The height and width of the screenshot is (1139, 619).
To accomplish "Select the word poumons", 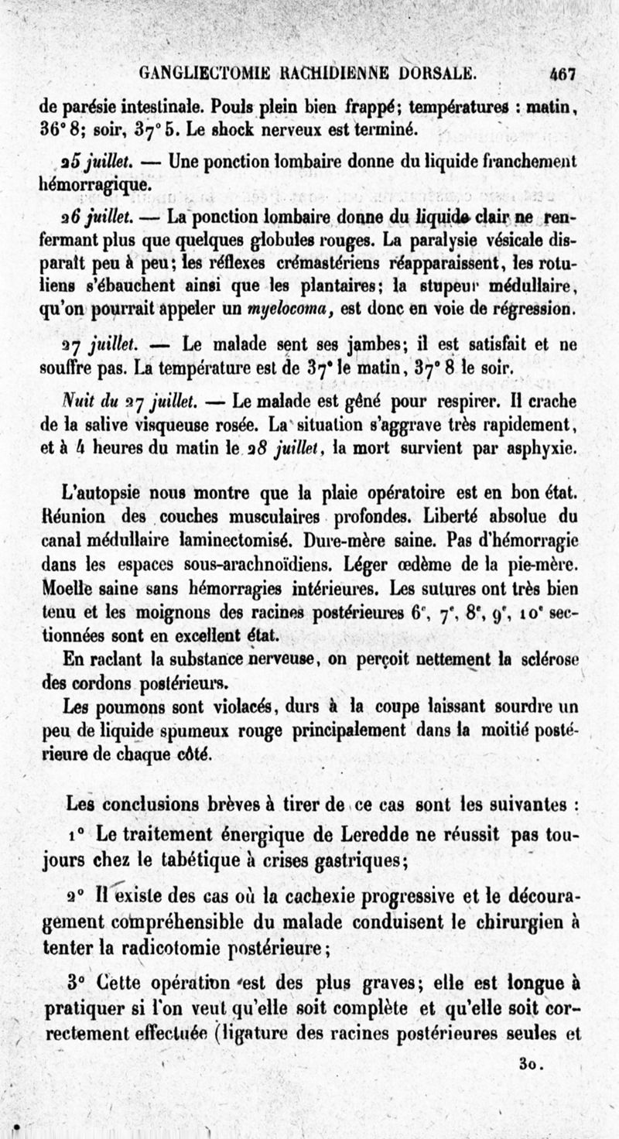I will [x=123, y=706].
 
